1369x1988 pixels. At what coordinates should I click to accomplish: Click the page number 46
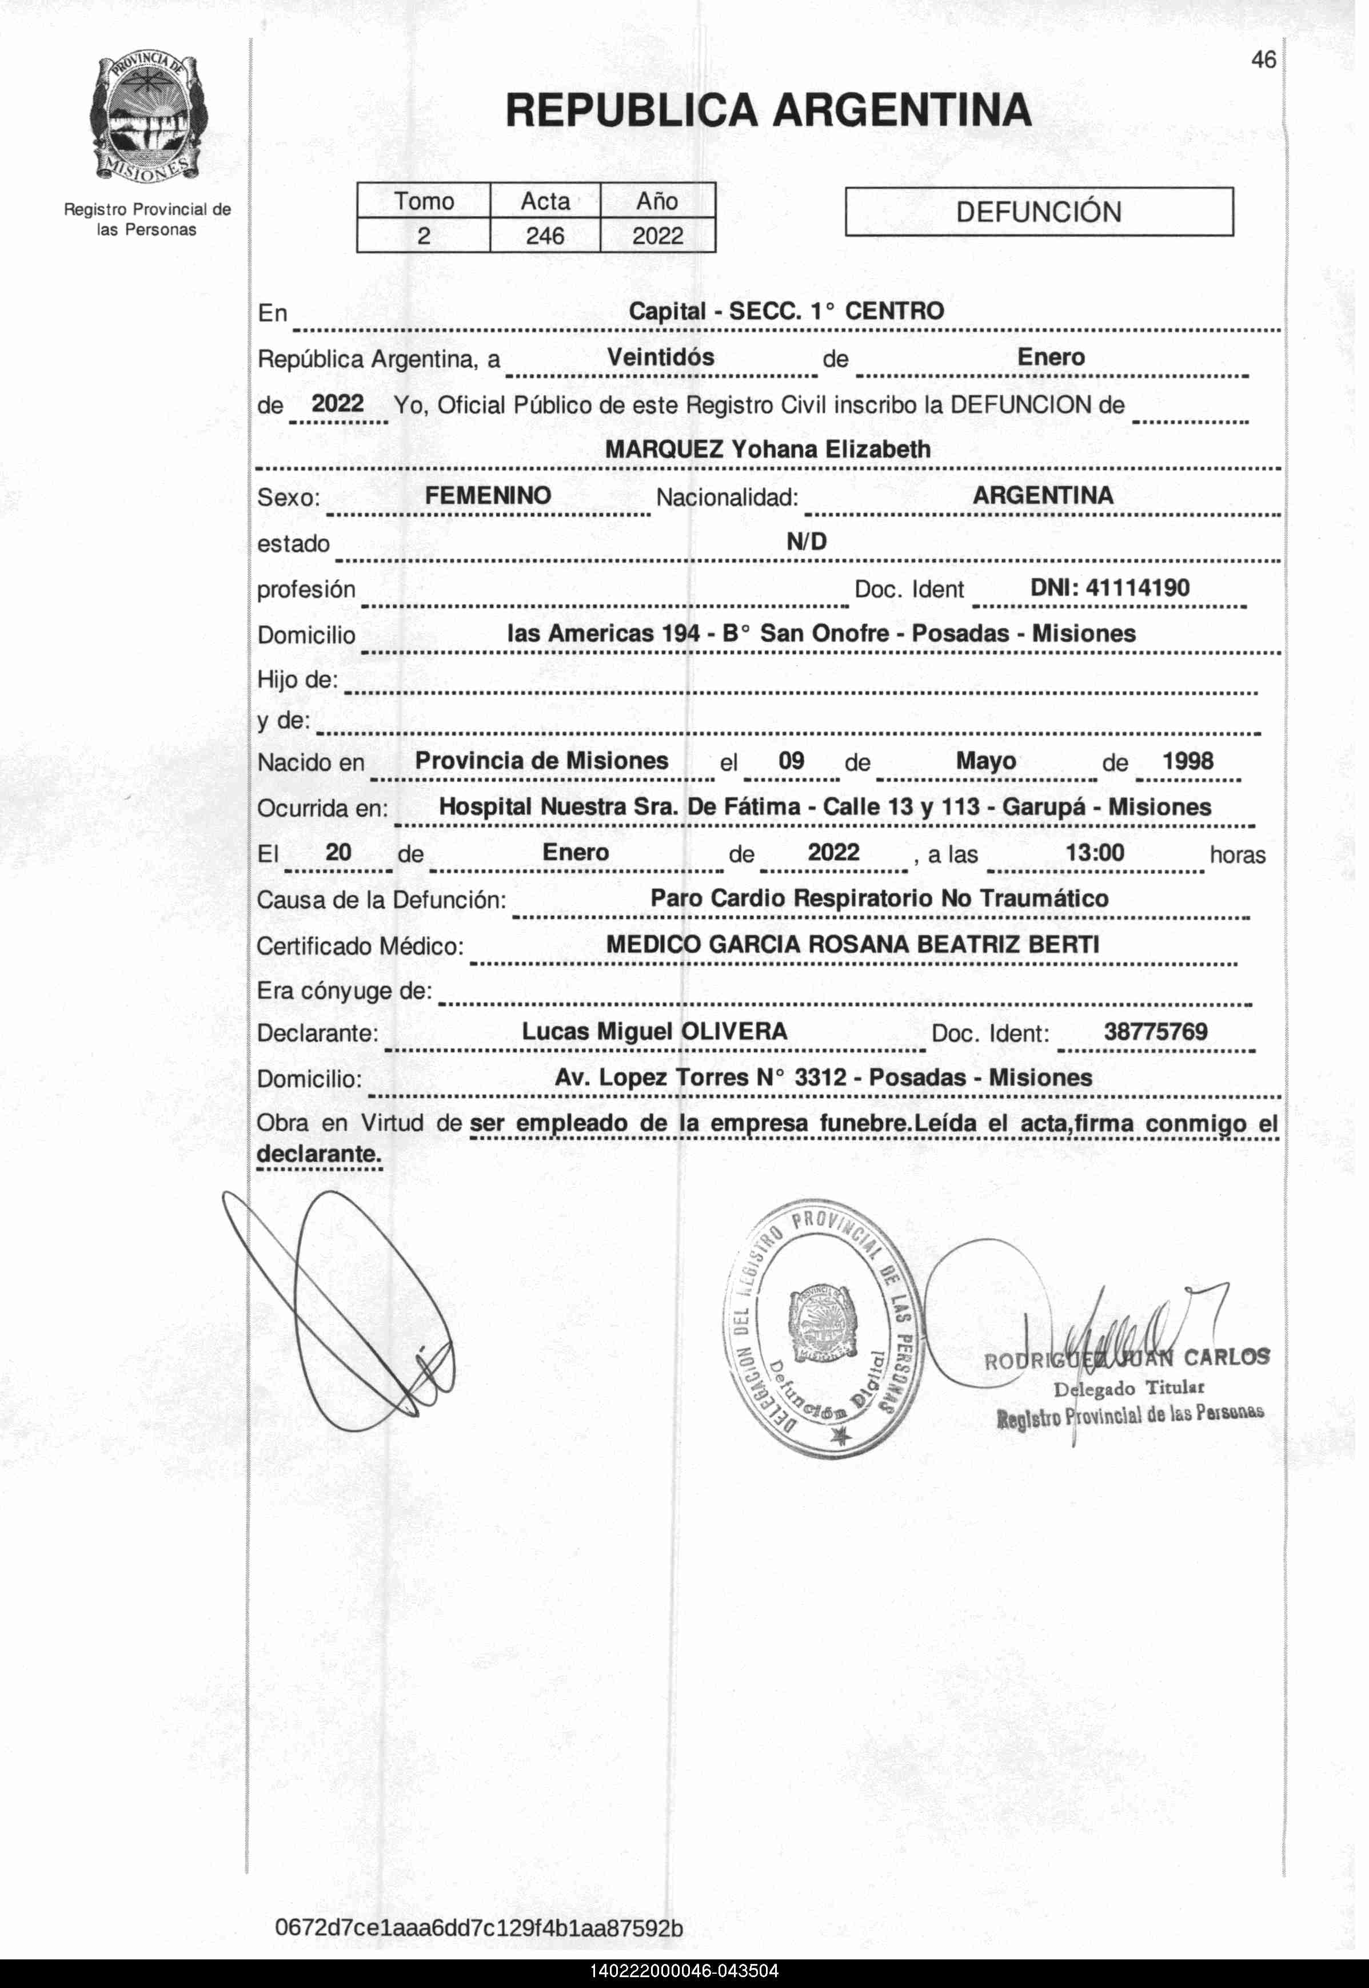coord(1263,60)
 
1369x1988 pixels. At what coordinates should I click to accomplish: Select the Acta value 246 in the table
coord(545,236)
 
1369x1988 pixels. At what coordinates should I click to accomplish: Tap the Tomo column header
coord(424,201)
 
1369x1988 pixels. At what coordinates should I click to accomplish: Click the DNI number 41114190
coord(1137,588)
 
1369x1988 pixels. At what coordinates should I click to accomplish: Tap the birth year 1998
coord(1187,761)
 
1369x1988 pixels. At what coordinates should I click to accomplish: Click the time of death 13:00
coord(1095,852)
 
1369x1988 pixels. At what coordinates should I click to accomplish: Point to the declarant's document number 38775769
coord(1155,1031)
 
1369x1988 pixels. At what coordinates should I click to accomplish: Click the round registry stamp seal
coord(823,1333)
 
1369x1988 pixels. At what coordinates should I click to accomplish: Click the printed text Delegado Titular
coord(1129,1387)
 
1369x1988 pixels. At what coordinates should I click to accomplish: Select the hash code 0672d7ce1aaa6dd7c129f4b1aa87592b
coord(478,1928)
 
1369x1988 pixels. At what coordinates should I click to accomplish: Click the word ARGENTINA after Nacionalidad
coord(1043,495)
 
